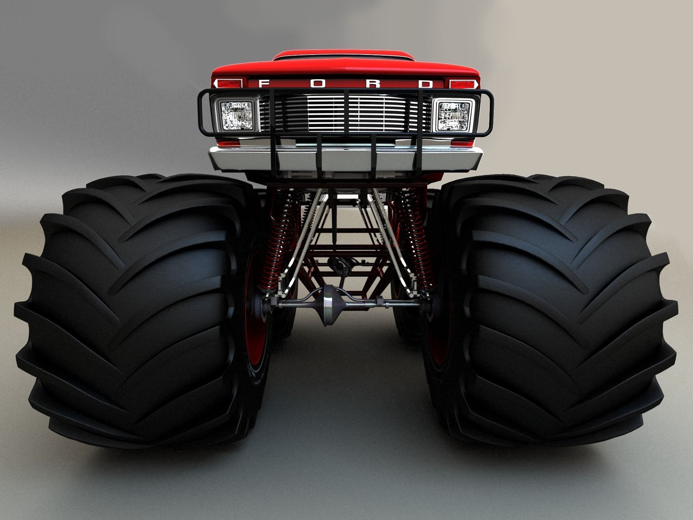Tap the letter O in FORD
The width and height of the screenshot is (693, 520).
[x=318, y=84]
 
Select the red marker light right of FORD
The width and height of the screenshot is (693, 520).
[x=462, y=84]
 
